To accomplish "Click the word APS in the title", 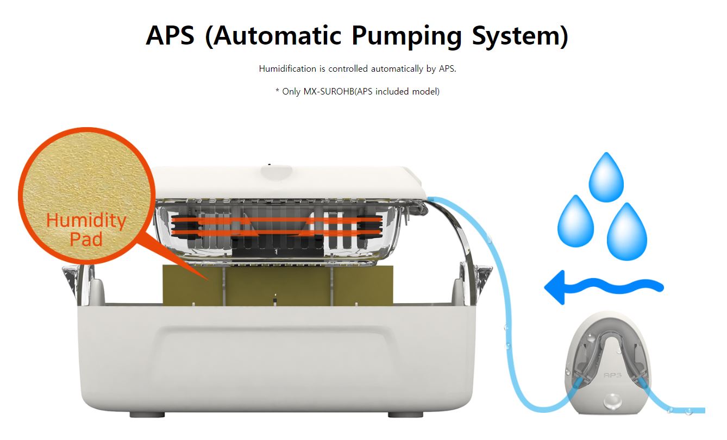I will pos(170,35).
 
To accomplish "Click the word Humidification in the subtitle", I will pos(287,69).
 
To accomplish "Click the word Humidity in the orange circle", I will pos(86,221).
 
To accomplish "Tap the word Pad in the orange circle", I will pos(86,239).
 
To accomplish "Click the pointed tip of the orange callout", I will pos(206,279).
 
